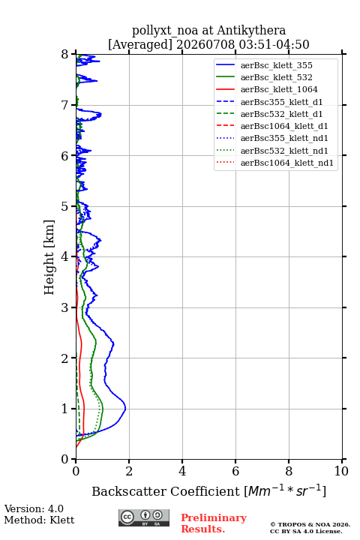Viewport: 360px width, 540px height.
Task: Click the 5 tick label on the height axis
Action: (65, 206)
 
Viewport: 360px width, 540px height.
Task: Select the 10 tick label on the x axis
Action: (341, 471)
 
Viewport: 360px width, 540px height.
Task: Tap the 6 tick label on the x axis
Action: (235, 471)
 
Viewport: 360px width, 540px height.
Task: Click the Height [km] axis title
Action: (49, 257)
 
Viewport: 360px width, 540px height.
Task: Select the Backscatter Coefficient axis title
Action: (208, 490)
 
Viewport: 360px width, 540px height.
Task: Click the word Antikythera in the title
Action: (251, 30)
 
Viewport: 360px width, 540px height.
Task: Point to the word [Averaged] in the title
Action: (139, 44)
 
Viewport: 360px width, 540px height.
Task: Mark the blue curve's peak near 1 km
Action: (126, 409)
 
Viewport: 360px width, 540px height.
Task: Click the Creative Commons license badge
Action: (144, 517)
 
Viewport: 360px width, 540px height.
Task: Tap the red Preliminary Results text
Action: (214, 523)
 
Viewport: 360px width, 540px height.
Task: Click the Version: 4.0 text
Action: (34, 508)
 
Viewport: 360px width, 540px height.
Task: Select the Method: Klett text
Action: (39, 520)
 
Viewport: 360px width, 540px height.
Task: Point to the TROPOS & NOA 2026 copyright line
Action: (310, 524)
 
